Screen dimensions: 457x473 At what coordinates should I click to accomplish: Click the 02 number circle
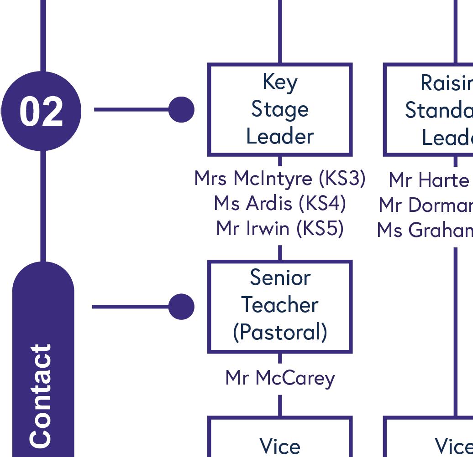(41, 111)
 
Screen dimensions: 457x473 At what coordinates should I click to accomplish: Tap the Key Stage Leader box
(280, 109)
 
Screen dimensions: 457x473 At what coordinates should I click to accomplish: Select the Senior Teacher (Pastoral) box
(280, 306)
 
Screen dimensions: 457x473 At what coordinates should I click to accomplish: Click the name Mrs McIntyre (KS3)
(280, 179)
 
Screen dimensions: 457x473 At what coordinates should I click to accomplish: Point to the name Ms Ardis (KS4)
(280, 204)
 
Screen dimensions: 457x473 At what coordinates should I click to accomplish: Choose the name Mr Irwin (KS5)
(280, 228)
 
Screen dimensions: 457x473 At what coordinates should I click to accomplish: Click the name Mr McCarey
(280, 378)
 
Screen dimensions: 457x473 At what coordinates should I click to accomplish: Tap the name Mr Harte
(428, 180)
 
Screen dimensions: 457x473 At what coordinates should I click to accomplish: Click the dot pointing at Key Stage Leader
(181, 110)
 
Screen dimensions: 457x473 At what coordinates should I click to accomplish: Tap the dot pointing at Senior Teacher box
(181, 307)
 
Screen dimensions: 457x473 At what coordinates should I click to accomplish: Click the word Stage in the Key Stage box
(280, 110)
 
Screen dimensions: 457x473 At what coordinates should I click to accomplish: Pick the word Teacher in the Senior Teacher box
(280, 305)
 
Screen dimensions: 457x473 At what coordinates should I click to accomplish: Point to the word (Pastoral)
(280, 332)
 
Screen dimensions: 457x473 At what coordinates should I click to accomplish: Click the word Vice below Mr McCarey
(280, 446)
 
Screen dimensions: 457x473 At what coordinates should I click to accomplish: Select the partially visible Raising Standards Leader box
(428, 109)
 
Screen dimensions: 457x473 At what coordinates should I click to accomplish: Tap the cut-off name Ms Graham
(425, 231)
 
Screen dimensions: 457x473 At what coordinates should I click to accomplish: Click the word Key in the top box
(280, 82)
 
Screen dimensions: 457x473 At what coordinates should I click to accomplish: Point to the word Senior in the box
(280, 277)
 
